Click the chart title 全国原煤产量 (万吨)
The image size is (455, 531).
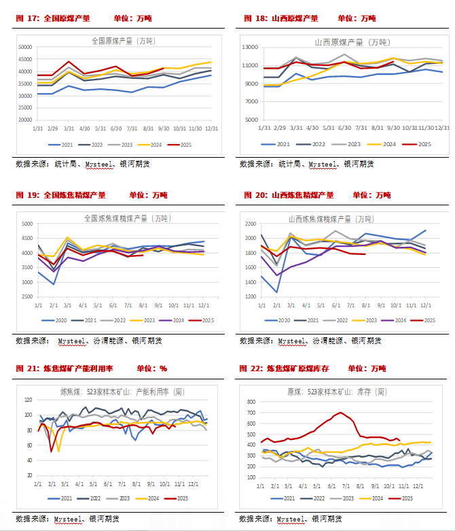point(122,41)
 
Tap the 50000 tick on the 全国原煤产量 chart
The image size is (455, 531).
point(24,48)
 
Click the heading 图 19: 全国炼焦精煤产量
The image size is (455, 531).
point(60,195)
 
